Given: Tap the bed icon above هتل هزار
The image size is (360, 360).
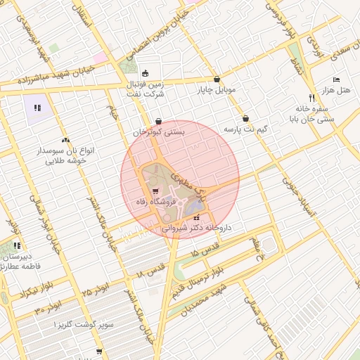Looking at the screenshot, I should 336,80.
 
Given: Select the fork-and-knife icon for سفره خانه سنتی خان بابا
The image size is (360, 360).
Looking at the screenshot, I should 311,98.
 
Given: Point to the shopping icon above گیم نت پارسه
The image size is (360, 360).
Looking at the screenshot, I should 245,118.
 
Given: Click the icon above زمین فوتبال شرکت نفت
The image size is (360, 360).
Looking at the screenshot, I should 145,72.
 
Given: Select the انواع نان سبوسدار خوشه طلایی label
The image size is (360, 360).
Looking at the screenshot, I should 65,155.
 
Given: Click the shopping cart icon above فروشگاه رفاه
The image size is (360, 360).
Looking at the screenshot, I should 155,191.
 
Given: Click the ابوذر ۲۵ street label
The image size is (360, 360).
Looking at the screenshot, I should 96,288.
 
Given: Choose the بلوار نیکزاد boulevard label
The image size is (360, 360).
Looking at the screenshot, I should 22,290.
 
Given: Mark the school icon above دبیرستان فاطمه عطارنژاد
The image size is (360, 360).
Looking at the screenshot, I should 17,246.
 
